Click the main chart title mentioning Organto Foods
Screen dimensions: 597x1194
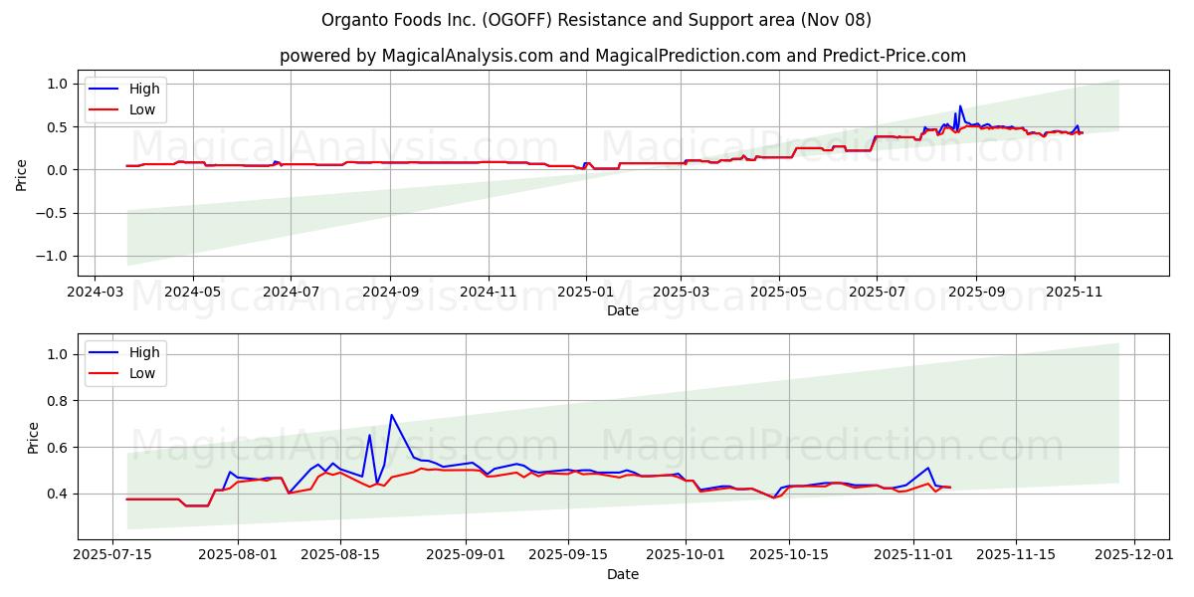click(x=596, y=20)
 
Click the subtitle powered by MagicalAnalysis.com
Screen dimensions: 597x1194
click(x=622, y=56)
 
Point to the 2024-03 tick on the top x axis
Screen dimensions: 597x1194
click(x=95, y=294)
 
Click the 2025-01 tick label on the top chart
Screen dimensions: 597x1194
click(x=586, y=294)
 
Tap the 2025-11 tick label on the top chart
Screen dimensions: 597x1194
click(x=1074, y=294)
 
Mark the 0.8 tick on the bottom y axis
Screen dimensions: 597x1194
click(x=58, y=401)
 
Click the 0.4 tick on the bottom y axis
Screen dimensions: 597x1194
click(x=58, y=494)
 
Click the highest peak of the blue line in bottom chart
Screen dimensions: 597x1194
click(x=391, y=415)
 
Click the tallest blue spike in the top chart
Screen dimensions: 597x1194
click(x=960, y=105)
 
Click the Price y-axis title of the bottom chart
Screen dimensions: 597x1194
click(x=33, y=438)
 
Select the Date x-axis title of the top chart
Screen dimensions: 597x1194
click(x=622, y=311)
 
